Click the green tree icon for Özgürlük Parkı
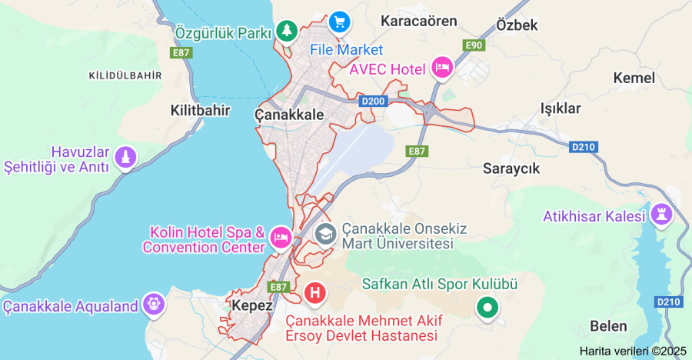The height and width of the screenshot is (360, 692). pyautogui.click(x=287, y=31)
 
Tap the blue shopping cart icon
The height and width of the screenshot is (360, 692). pyautogui.click(x=338, y=22)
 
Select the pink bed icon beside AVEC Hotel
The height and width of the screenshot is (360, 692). pyautogui.click(x=441, y=68)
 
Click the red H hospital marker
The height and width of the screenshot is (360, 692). pyautogui.click(x=314, y=292)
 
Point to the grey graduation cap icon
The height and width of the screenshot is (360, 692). pyautogui.click(x=326, y=233)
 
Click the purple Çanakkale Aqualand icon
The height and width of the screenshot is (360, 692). pyautogui.click(x=155, y=305)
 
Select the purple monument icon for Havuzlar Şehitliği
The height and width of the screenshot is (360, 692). pyautogui.click(x=125, y=158)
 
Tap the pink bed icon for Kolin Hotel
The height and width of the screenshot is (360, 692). pyautogui.click(x=281, y=238)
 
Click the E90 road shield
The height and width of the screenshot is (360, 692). pyautogui.click(x=474, y=46)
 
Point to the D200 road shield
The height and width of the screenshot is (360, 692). pyautogui.click(x=371, y=102)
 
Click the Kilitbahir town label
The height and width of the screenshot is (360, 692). pyautogui.click(x=200, y=110)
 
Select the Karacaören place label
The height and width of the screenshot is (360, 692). pyautogui.click(x=418, y=21)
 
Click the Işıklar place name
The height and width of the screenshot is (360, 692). pyautogui.click(x=561, y=108)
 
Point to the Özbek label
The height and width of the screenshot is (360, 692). pyautogui.click(x=517, y=25)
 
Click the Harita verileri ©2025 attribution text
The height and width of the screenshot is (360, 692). pyautogui.click(x=633, y=351)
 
